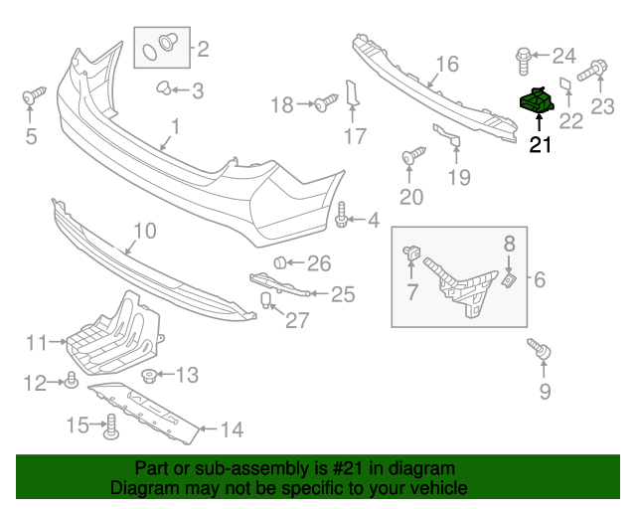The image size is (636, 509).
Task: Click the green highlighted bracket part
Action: pos(537,99)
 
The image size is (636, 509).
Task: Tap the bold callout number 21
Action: pos(541,144)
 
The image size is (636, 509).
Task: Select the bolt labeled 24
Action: pos(524,62)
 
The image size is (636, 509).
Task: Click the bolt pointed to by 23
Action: pos(592,71)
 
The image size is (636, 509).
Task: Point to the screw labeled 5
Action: pos(34,95)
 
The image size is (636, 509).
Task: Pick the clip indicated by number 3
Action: pos(164,87)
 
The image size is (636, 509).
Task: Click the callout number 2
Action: pos(203,49)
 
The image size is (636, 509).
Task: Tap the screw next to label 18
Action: pos(326,102)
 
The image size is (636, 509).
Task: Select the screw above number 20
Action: pos(413,155)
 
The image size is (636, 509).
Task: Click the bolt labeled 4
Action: pos(342,215)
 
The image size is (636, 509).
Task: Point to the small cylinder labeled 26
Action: pos(280,262)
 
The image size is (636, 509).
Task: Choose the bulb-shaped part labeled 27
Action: pos(265,299)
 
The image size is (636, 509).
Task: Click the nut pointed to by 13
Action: pos(149,376)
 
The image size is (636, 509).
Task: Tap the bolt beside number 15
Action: pos(111,426)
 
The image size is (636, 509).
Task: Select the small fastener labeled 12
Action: pos(72,380)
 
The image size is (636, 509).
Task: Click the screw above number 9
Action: pos(540,349)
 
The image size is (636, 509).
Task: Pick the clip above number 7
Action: pos(411,254)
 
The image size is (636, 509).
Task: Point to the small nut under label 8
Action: pos(509,280)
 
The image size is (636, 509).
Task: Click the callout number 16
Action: pos(447,64)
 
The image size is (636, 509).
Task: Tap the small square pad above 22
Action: pos(566,85)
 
